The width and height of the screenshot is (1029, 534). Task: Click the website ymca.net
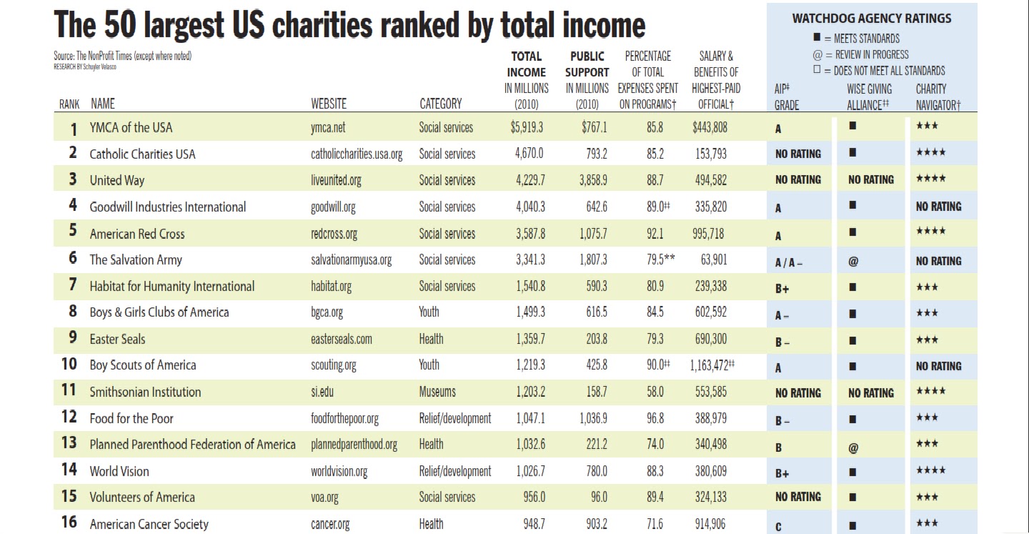328,127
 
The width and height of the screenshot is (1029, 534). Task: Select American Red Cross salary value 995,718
708,234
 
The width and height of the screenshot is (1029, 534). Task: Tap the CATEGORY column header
440,104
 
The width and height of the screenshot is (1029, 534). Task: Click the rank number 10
69,364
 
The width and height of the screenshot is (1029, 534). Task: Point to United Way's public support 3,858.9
592,179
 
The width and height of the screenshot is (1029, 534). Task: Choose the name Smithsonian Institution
145,392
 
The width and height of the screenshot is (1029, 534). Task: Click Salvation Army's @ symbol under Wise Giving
853,262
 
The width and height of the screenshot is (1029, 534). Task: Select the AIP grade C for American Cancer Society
778,527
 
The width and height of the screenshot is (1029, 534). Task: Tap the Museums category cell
437,392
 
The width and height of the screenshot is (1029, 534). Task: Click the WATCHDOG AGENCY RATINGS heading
872,19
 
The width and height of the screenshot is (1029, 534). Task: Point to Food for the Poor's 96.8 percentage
655,418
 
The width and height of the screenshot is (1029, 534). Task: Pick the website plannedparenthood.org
354,445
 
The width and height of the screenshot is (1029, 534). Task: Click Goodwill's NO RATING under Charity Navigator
938,207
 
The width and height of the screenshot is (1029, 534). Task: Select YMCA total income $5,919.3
527,127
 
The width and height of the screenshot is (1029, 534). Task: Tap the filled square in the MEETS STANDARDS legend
817,37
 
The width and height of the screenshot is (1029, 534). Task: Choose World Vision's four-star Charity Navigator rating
930,470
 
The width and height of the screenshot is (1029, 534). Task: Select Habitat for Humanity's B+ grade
782,289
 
